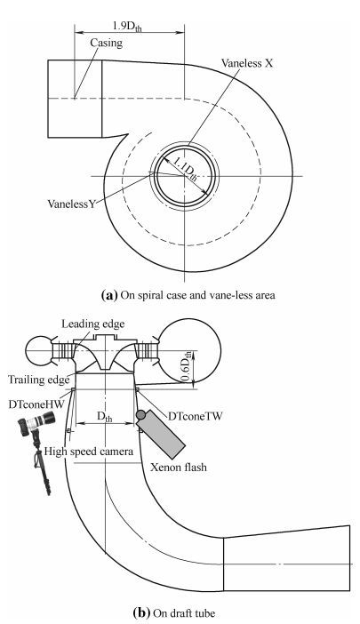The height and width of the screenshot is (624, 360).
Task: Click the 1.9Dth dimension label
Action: tap(127, 27)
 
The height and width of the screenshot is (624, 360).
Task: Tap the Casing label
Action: tap(106, 43)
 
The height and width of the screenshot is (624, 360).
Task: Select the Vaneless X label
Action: tap(247, 63)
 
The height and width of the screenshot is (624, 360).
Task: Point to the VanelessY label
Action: tap(72, 204)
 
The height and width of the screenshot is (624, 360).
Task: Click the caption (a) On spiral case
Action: tap(188, 295)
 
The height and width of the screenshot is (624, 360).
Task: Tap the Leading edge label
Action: tap(92, 324)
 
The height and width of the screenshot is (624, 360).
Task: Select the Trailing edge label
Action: tap(39, 380)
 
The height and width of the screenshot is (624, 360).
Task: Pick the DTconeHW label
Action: tap(35, 404)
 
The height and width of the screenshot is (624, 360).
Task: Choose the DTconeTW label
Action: tap(196, 416)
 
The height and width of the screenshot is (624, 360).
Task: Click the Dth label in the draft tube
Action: tap(105, 416)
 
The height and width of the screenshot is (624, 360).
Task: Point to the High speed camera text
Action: tap(88, 452)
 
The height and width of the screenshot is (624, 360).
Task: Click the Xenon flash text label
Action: tap(179, 467)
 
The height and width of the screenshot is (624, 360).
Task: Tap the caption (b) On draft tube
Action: tap(175, 612)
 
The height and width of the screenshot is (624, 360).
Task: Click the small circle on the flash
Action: tap(140, 415)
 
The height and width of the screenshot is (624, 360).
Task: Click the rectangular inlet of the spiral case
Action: tap(76, 99)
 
